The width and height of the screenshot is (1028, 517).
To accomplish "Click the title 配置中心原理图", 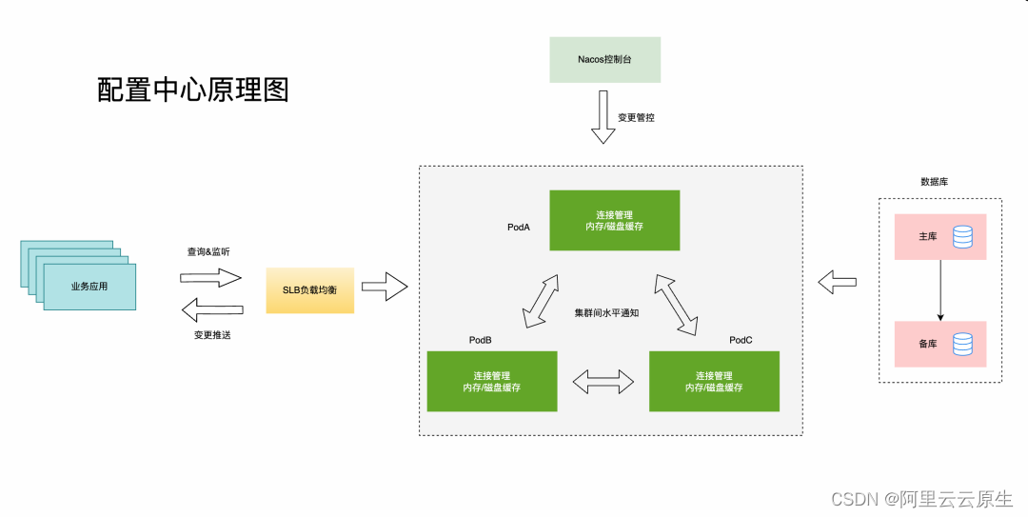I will click(x=192, y=89).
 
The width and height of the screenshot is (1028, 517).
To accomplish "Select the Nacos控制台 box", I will click(x=604, y=59).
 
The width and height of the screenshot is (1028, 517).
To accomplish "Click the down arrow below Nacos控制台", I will click(x=603, y=117).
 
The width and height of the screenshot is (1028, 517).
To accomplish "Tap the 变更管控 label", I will click(x=636, y=118).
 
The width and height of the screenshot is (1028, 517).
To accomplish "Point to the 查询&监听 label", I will click(x=208, y=252).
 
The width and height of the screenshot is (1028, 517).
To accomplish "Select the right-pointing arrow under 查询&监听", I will click(x=211, y=277).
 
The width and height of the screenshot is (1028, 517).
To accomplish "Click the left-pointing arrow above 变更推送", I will click(x=211, y=308).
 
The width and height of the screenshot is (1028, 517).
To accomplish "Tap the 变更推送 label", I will click(x=211, y=335).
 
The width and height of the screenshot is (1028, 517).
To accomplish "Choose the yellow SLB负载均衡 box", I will click(x=309, y=289).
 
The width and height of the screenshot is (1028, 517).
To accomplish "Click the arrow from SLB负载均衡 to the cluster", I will click(x=384, y=286).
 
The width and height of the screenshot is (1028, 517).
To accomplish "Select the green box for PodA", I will click(x=614, y=220).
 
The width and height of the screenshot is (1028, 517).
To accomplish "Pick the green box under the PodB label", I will click(x=491, y=381).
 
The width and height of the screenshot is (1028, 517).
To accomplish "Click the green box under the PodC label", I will click(x=714, y=381).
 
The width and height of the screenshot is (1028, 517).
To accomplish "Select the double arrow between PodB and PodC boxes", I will click(x=603, y=382).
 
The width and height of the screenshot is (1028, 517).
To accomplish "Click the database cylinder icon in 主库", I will click(x=962, y=236).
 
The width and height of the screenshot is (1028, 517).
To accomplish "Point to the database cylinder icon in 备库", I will click(x=962, y=343).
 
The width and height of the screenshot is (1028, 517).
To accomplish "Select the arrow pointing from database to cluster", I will click(x=838, y=282).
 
